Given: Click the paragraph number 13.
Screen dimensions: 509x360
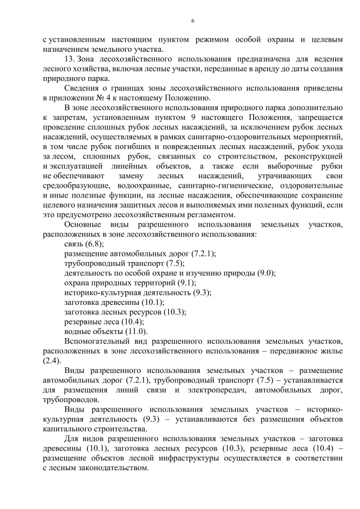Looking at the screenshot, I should [70, 59].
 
